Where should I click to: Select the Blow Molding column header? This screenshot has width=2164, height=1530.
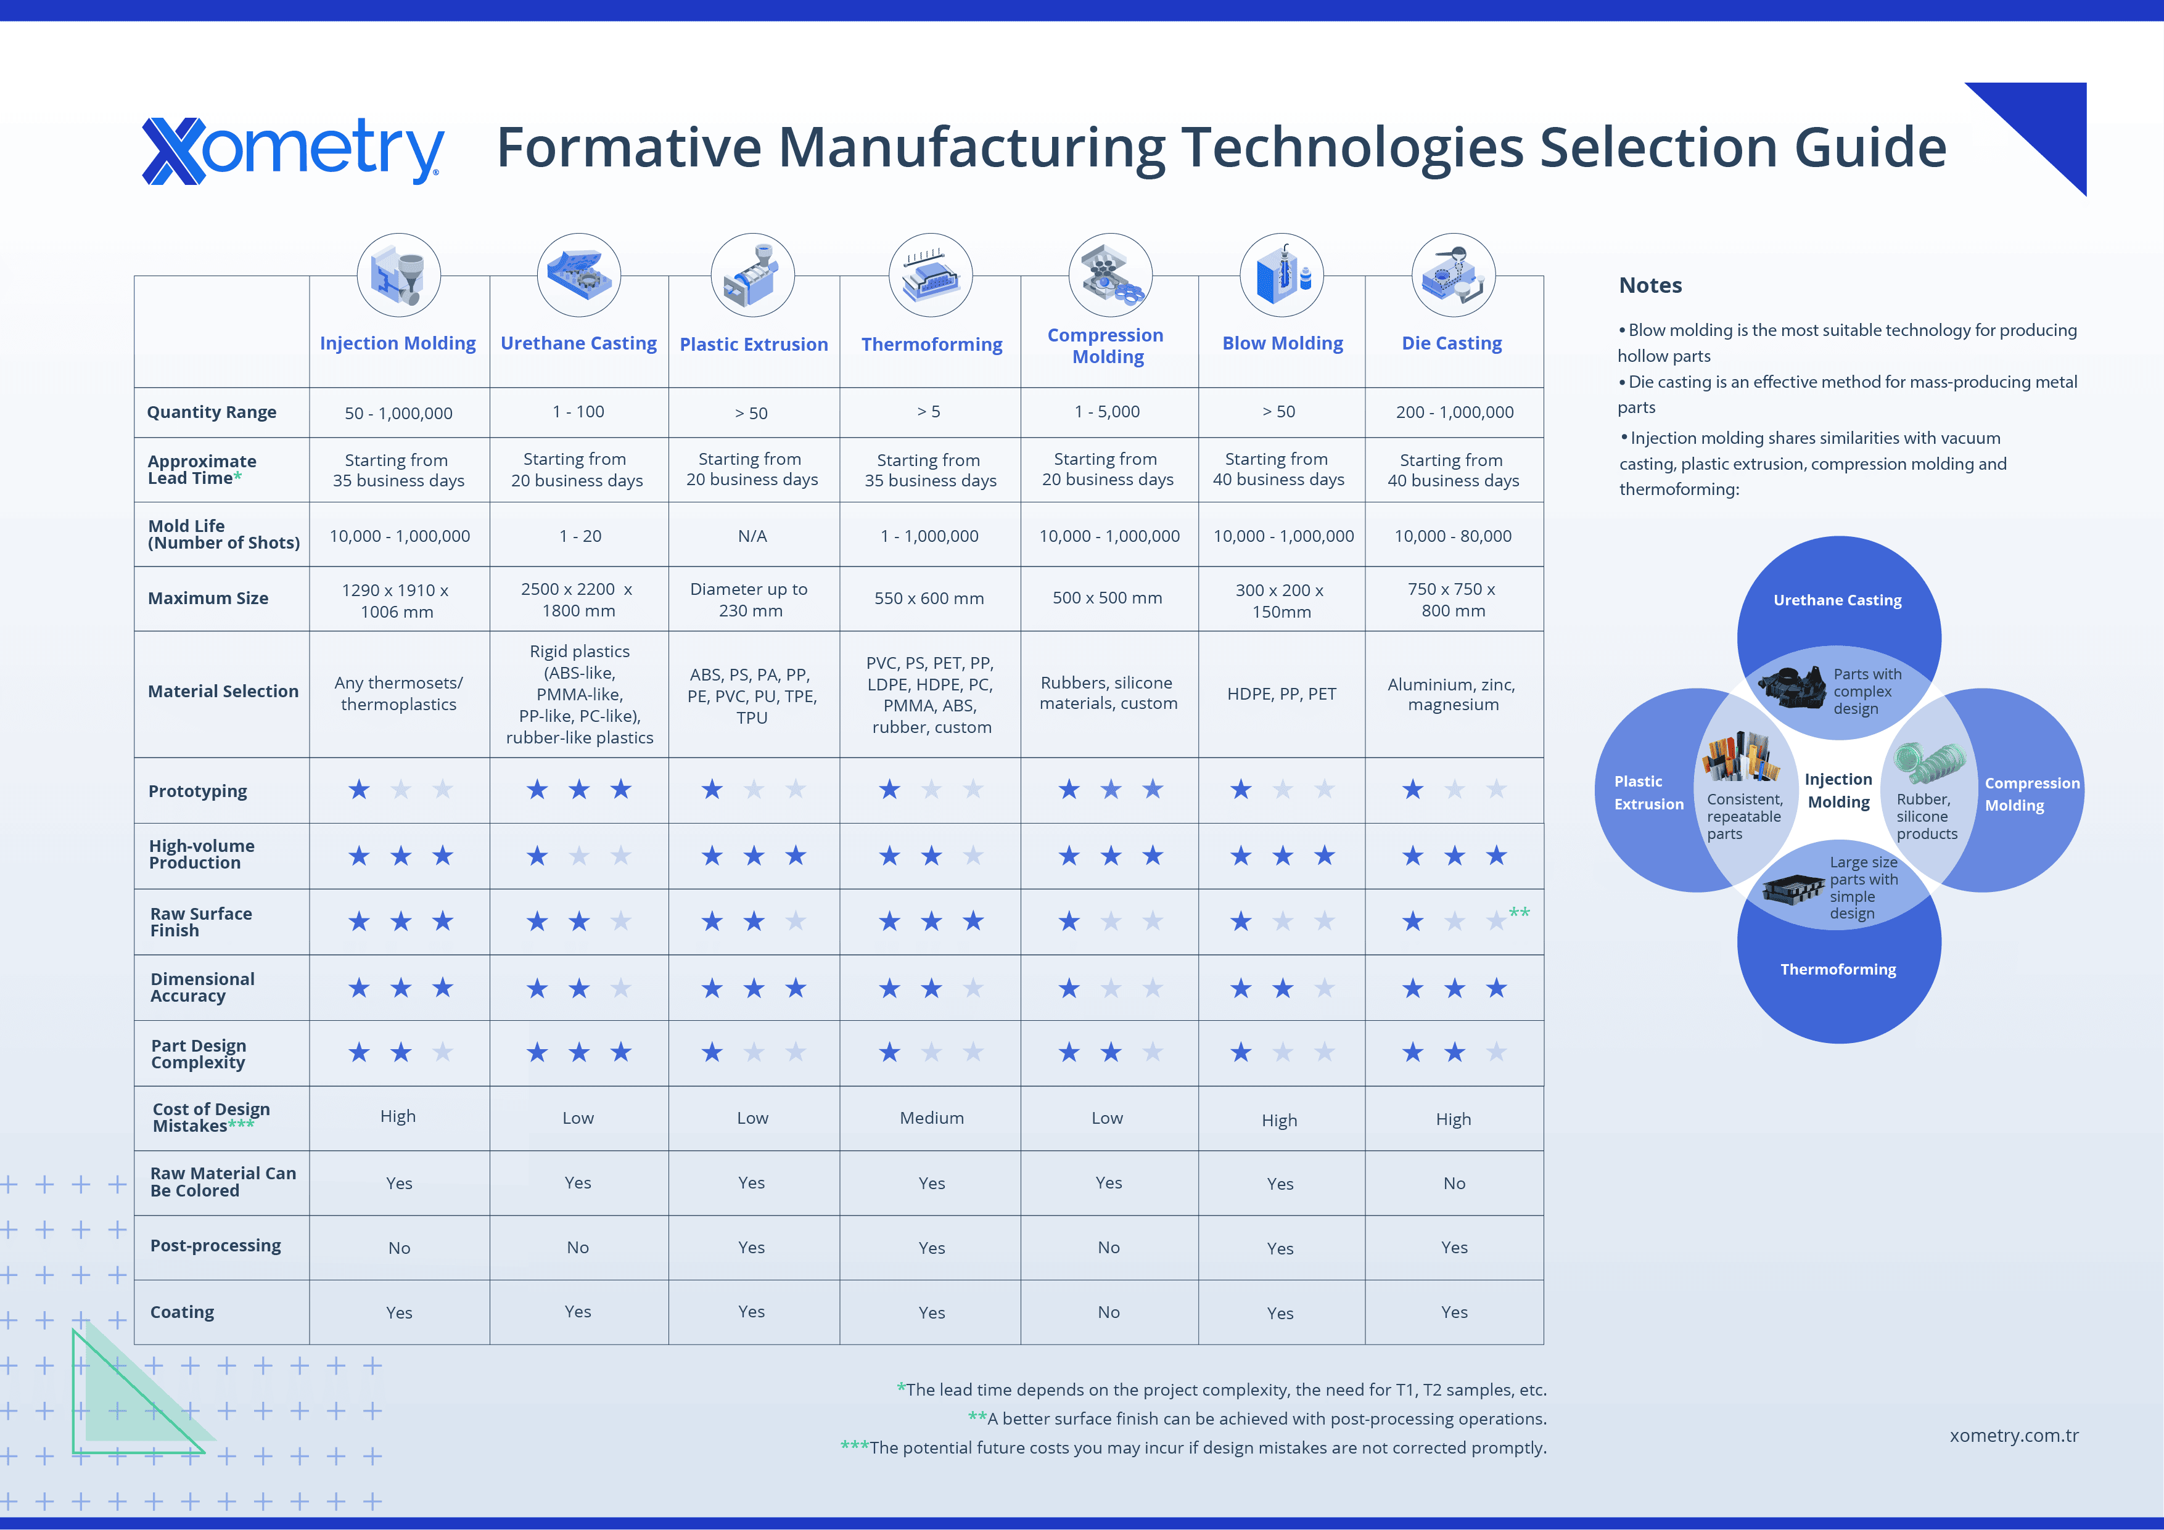(1282, 343)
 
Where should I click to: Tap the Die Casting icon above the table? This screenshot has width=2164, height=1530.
(1454, 275)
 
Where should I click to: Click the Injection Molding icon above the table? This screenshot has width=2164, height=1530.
(398, 275)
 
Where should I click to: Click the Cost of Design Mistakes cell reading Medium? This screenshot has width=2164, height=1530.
(931, 1118)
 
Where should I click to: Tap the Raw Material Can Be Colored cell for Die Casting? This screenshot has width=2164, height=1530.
(1454, 1184)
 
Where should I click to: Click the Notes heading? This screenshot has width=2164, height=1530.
(1650, 285)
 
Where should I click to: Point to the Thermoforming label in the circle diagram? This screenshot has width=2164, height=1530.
(1838, 970)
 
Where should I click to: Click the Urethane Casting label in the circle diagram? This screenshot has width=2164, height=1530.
(1837, 600)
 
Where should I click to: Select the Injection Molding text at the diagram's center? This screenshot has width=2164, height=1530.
(1838, 790)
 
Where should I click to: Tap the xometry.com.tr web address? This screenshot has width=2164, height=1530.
(2014, 1436)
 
